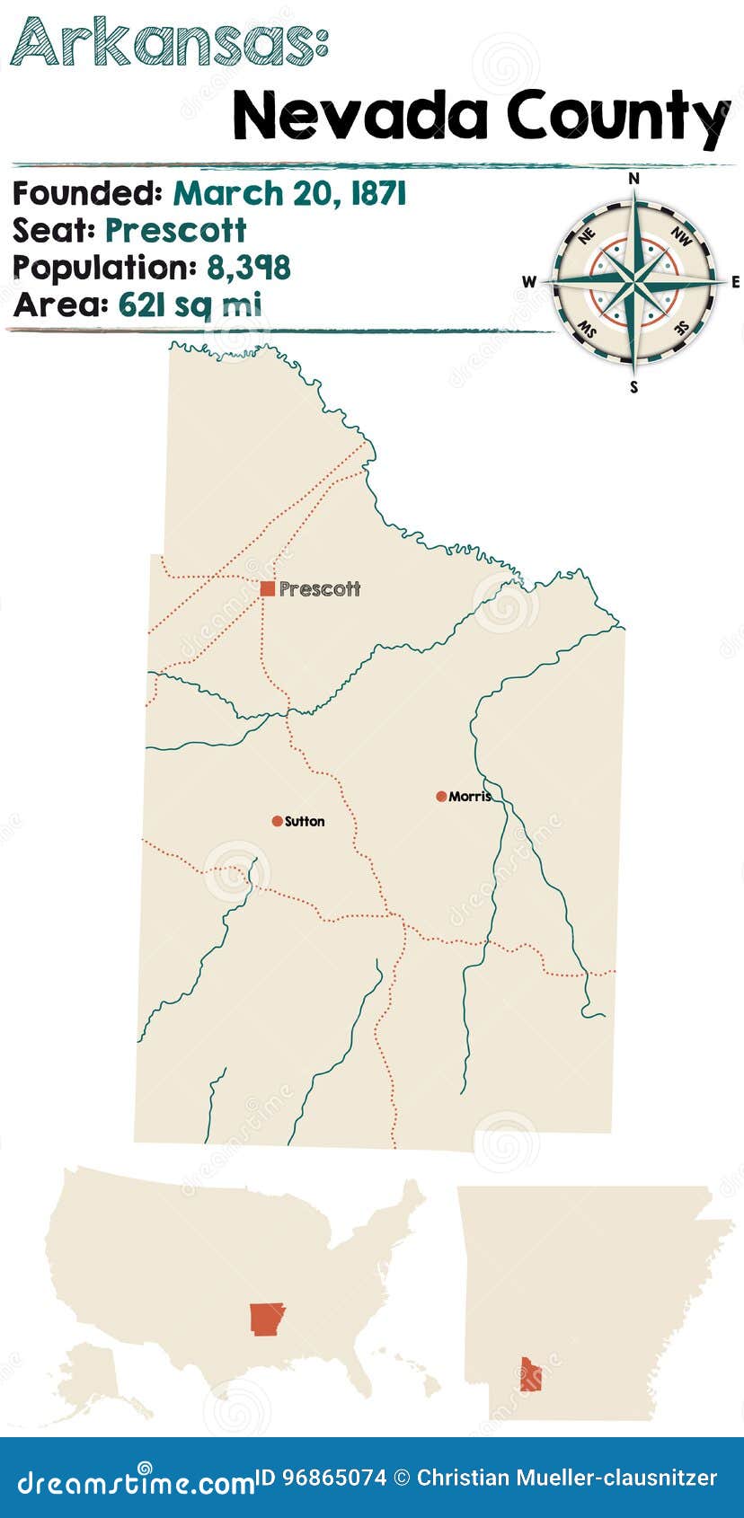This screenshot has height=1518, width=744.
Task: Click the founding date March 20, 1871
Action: pyautogui.click(x=289, y=193)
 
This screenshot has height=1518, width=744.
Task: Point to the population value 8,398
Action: pyautogui.click(x=249, y=268)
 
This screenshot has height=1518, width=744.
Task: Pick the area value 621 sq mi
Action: pyautogui.click(x=190, y=304)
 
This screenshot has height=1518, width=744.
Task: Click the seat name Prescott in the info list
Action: pyautogui.click(x=175, y=231)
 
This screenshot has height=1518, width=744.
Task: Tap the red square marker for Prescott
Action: pyautogui.click(x=267, y=589)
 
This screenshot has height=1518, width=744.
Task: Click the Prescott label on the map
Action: pyautogui.click(x=319, y=589)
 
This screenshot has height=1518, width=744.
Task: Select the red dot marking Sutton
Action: pyautogui.click(x=277, y=821)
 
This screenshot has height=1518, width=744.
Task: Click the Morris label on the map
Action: pyautogui.click(x=470, y=797)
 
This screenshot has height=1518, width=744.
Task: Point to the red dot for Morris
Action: pyautogui.click(x=441, y=797)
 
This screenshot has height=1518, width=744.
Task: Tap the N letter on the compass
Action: pyautogui.click(x=633, y=178)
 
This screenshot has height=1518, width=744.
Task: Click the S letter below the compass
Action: pyautogui.click(x=634, y=387)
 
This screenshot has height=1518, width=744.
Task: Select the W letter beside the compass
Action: pyautogui.click(x=528, y=282)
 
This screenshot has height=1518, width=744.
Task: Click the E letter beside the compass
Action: pyautogui.click(x=736, y=282)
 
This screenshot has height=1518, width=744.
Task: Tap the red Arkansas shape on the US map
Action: pyautogui.click(x=267, y=1318)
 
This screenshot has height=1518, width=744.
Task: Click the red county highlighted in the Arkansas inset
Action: pyautogui.click(x=530, y=1374)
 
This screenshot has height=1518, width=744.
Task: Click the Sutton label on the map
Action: pyautogui.click(x=305, y=821)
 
